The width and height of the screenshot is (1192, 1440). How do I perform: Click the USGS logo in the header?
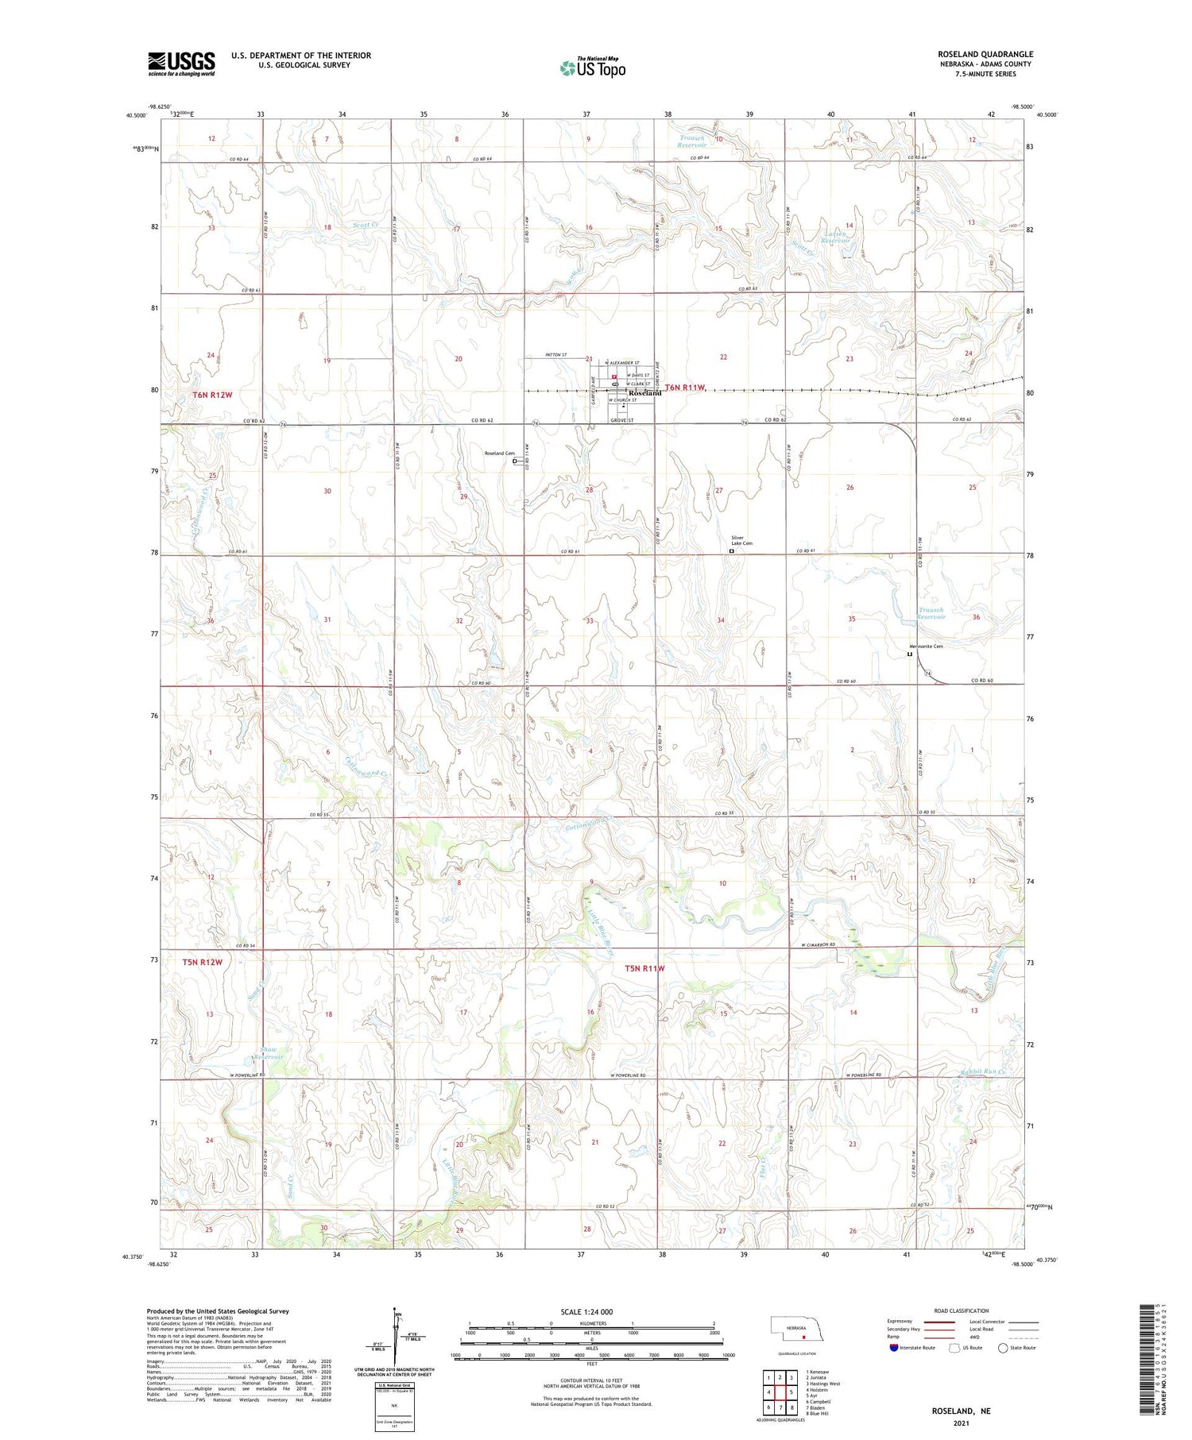(x=181, y=64)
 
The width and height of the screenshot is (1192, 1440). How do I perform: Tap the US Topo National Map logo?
(x=592, y=68)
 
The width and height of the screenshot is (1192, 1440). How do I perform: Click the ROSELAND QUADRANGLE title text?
(x=985, y=54)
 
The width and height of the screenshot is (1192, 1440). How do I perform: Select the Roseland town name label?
(x=644, y=393)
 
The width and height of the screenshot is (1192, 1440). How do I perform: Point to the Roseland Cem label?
(x=500, y=454)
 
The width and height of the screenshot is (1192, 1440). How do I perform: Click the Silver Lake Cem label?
(x=741, y=540)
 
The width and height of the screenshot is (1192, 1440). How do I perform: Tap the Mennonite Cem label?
(x=926, y=647)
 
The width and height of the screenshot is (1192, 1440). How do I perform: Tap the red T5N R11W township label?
(x=644, y=968)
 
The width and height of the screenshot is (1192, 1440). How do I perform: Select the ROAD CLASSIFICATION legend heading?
(x=962, y=1311)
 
